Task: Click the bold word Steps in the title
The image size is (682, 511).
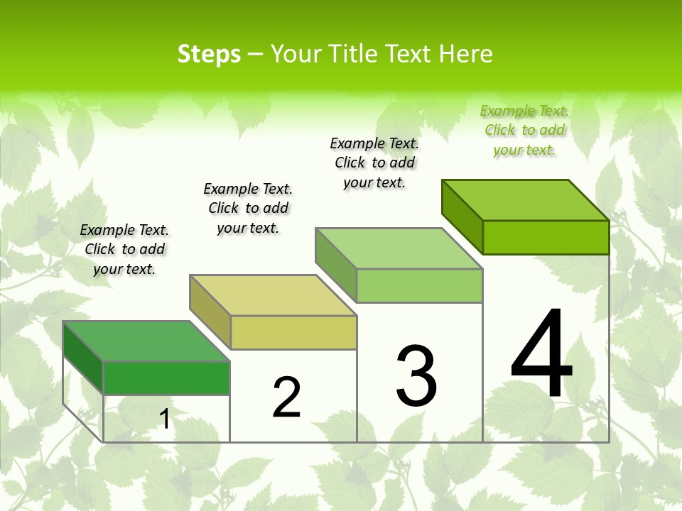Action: [209, 54]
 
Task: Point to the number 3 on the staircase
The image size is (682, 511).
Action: [416, 376]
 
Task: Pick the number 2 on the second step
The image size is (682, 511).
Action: [287, 397]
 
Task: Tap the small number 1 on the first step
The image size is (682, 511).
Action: [165, 419]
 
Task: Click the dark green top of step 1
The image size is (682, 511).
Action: [146, 341]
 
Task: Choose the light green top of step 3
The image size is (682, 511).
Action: [399, 248]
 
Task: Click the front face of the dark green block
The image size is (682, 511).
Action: [166, 378]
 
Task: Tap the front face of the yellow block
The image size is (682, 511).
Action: [293, 332]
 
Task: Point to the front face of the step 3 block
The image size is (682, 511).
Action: [419, 285]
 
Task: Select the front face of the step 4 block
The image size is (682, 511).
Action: [546, 237]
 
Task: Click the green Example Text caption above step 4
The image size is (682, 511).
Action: [524, 130]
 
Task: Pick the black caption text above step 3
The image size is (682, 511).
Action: [374, 163]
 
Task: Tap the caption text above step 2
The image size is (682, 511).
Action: [248, 208]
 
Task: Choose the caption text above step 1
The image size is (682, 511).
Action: [124, 249]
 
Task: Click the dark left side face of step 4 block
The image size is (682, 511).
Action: [462, 216]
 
